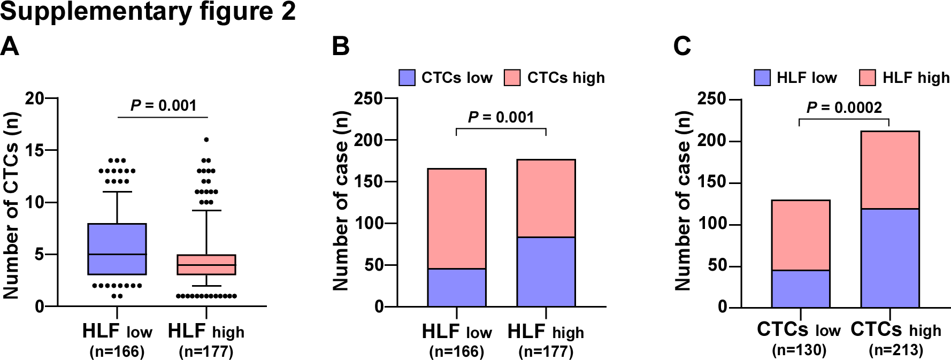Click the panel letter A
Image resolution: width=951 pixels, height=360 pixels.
point(10,47)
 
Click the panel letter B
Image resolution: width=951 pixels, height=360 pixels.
point(341,47)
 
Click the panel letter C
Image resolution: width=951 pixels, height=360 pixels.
point(682,47)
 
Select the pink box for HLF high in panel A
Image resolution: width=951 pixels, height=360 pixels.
point(206,265)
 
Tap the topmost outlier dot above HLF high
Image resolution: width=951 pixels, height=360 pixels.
point(206,140)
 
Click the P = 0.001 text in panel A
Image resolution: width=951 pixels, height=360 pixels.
point(164,105)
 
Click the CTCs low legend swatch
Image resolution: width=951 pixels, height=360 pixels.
point(407,78)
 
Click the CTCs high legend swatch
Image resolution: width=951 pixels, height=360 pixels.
point(512,78)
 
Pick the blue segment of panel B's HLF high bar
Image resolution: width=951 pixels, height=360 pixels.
point(546,272)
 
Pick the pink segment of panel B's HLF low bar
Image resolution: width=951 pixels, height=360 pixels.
point(457,218)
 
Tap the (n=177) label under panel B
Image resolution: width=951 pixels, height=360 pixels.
point(546,351)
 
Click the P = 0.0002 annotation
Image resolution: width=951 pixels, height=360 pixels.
point(844,108)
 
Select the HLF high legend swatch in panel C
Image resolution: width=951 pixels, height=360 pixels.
point(868,78)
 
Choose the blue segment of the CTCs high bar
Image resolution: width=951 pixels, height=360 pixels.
point(890,258)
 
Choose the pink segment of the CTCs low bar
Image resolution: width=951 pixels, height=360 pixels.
point(801,235)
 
